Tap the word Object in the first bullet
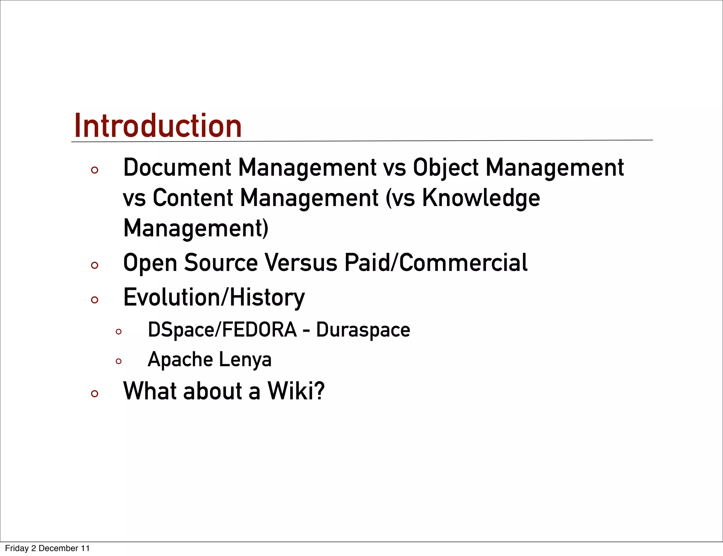point(446,168)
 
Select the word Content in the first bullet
point(193,198)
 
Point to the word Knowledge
point(481,198)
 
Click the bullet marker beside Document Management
point(94,170)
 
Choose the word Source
point(221,263)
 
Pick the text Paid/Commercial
point(436,263)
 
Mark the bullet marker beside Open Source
point(94,265)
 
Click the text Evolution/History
point(214,297)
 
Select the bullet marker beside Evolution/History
point(94,300)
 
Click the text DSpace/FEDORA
point(222,330)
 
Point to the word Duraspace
point(363,330)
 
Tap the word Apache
point(180,359)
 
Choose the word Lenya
point(245,360)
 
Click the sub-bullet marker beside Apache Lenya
point(119,361)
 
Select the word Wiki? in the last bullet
point(296,391)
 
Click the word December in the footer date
point(58,548)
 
